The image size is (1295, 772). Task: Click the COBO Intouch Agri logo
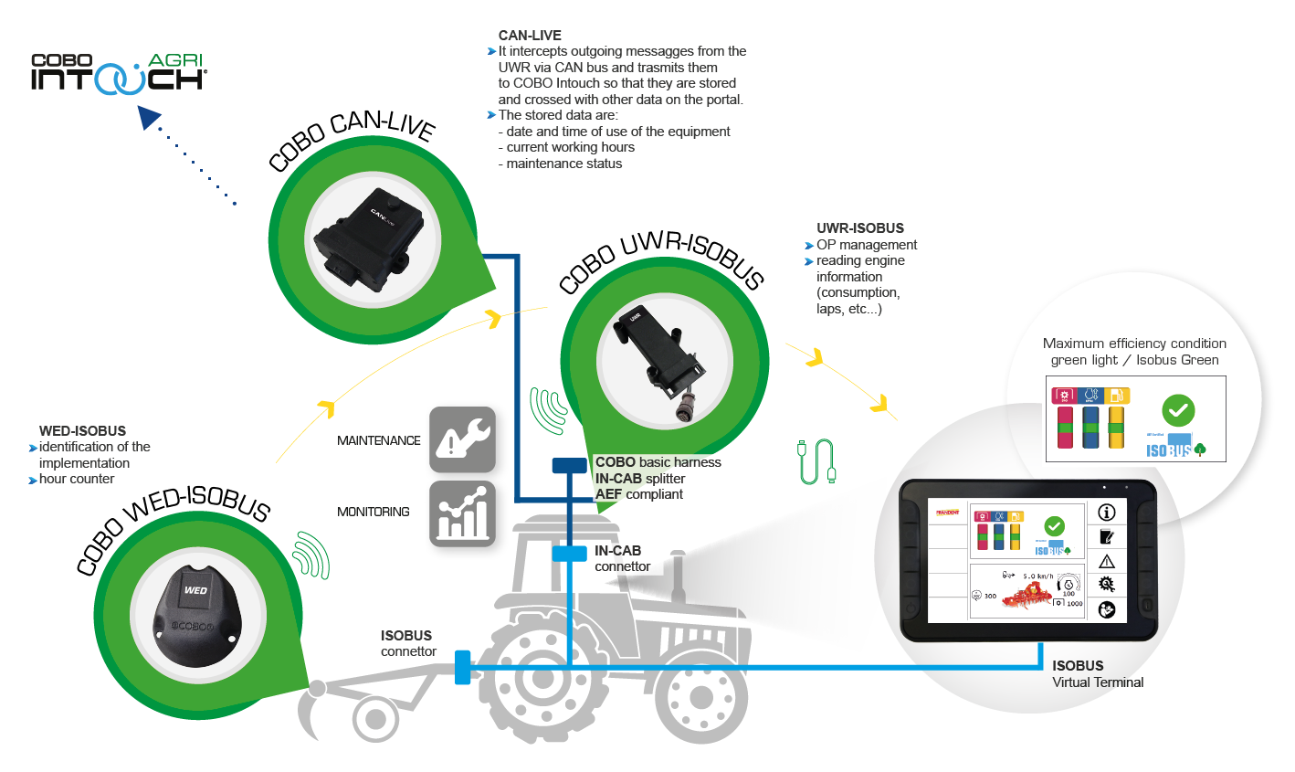pyautogui.click(x=119, y=73)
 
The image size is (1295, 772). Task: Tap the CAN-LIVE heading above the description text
pyautogui.click(x=530, y=36)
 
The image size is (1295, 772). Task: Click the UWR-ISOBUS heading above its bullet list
pyautogui.click(x=859, y=228)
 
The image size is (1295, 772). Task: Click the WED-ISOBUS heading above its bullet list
pyautogui.click(x=82, y=431)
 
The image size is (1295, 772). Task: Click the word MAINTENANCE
pyautogui.click(x=379, y=440)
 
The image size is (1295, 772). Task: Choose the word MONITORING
pyautogui.click(x=374, y=512)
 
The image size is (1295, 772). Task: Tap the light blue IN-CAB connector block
pyautogui.click(x=569, y=554)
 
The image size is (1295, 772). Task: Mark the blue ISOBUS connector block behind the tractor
pyautogui.click(x=462, y=667)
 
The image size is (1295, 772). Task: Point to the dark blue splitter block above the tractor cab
pyautogui.click(x=569, y=466)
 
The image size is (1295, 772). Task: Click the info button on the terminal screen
pyautogui.click(x=1107, y=513)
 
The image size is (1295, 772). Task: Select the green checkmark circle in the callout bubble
pyautogui.click(x=1178, y=410)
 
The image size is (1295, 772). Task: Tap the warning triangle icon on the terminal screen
pyautogui.click(x=1107, y=561)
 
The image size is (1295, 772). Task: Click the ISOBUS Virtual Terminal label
pyautogui.click(x=1096, y=674)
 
